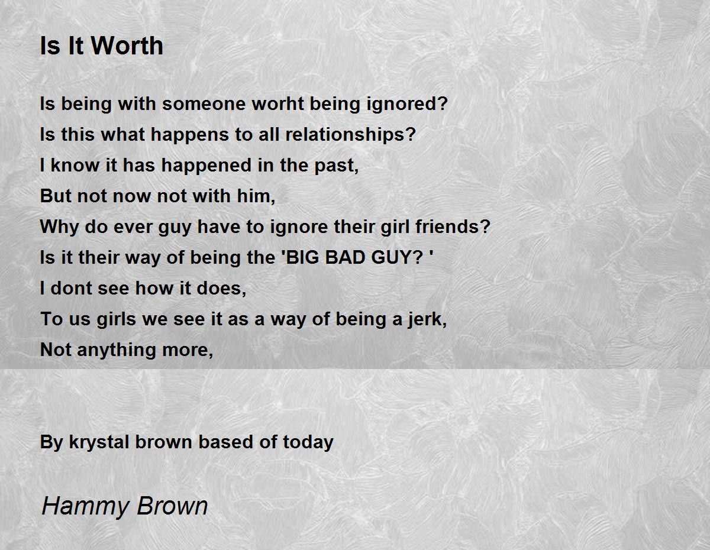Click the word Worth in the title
(x=127, y=46)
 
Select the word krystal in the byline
(x=99, y=443)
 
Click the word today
(x=308, y=443)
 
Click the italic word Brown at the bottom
(x=172, y=506)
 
